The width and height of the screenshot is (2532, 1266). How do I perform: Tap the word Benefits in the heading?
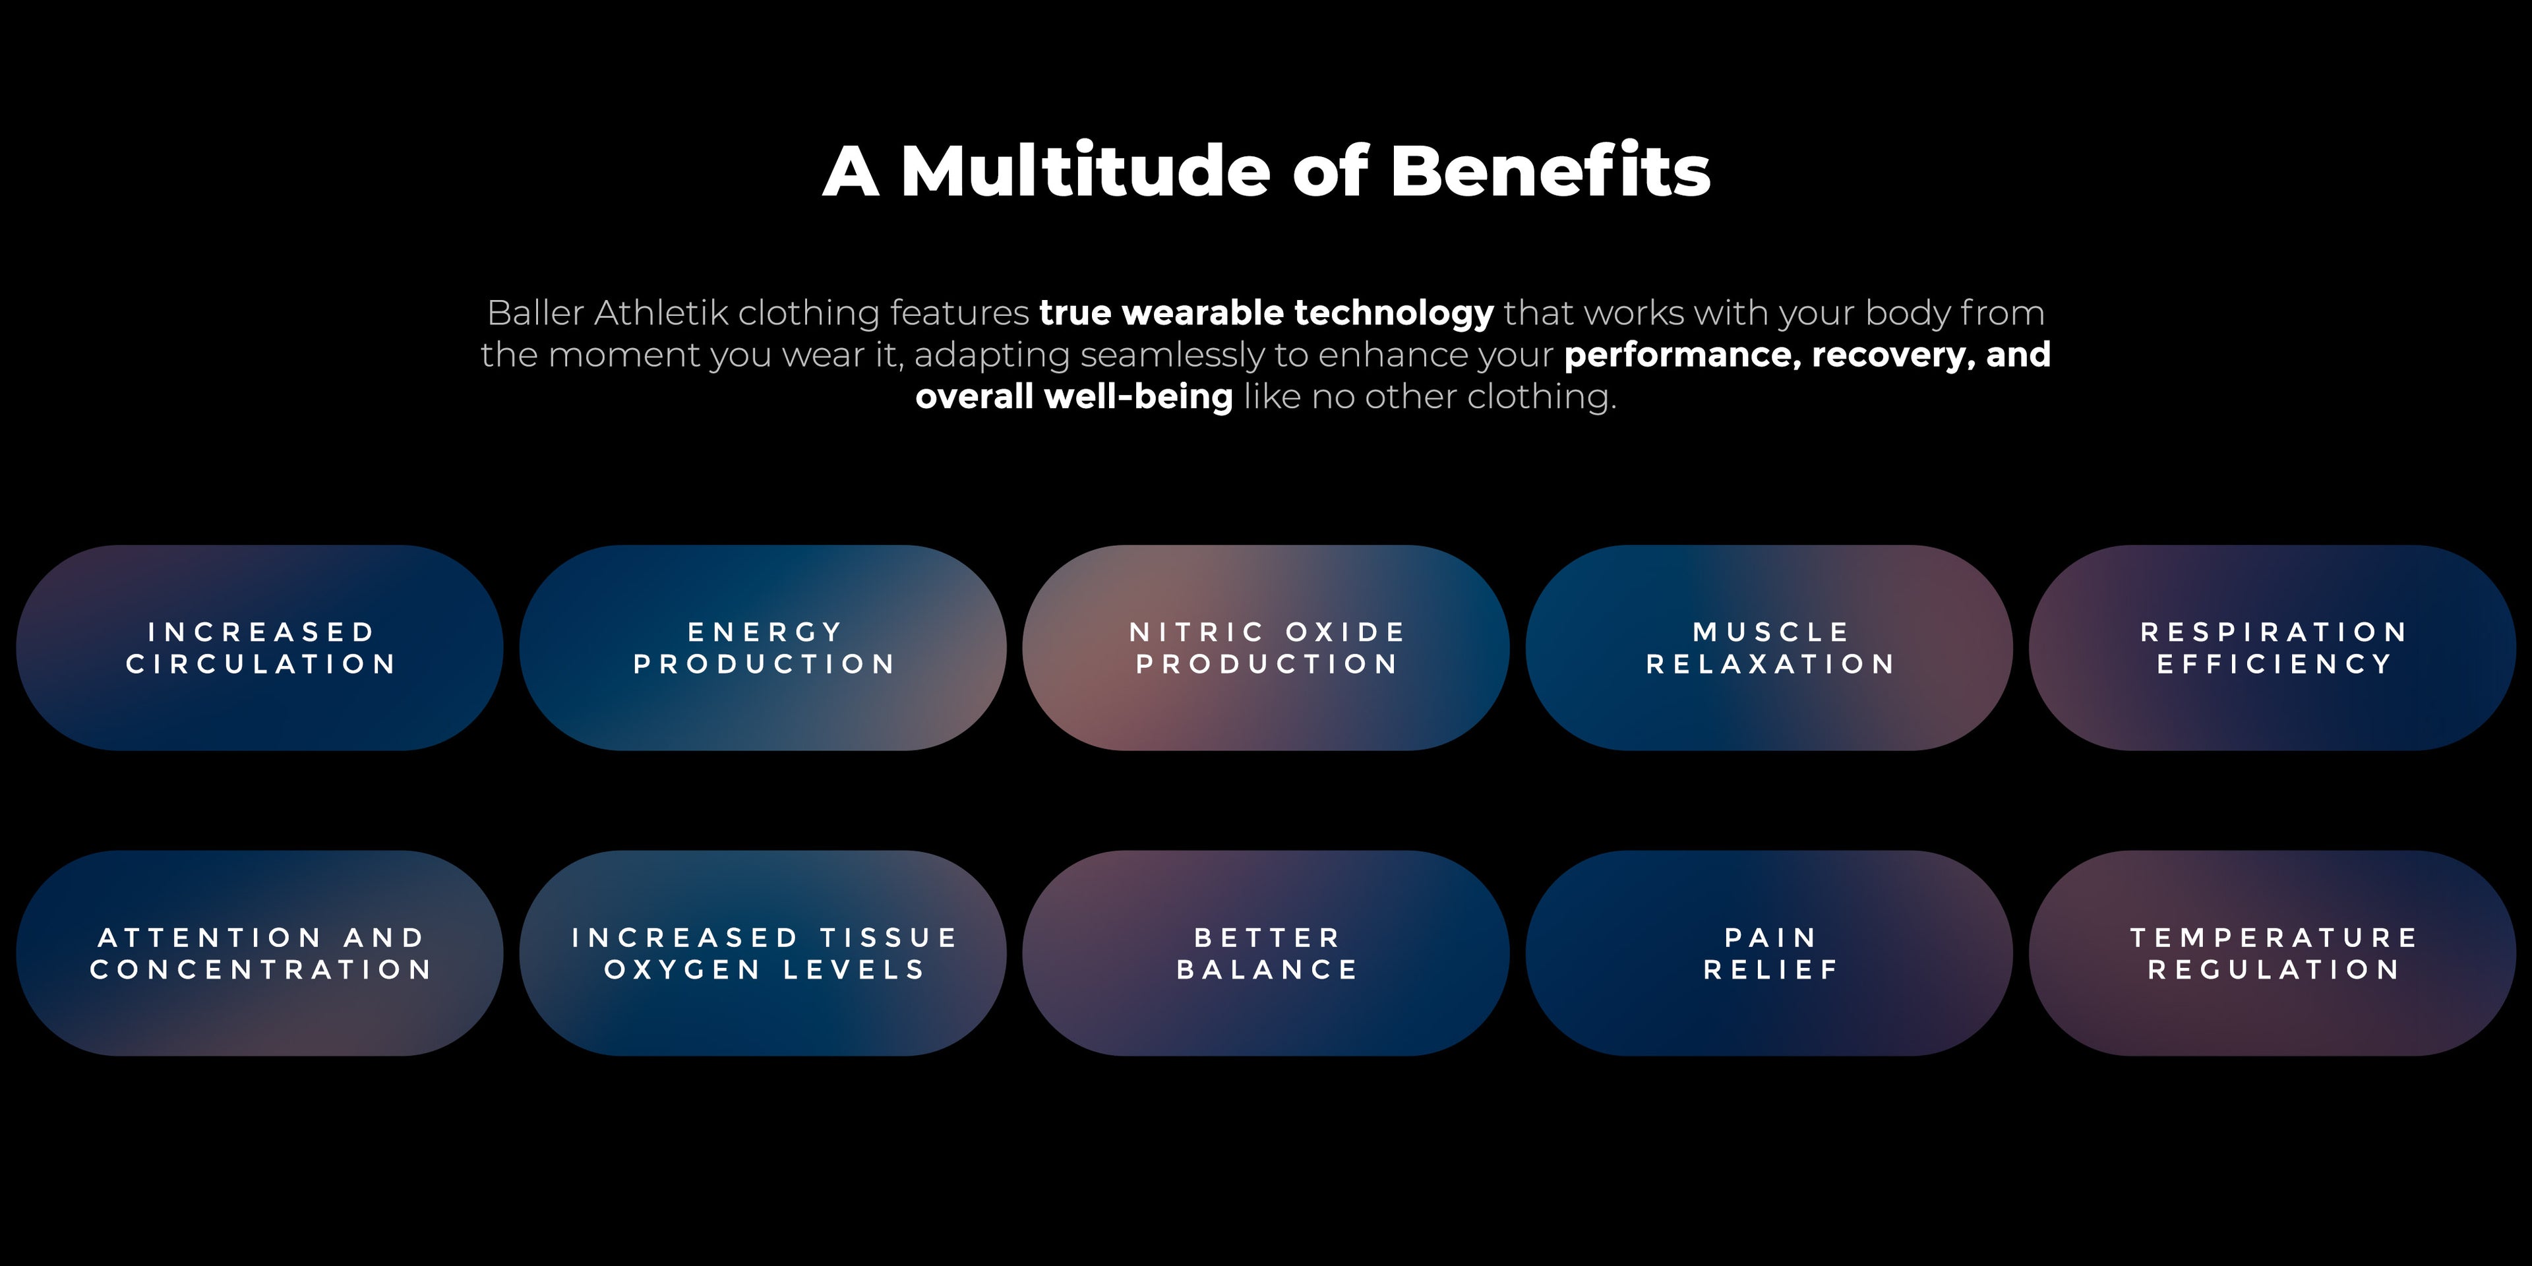click(x=1550, y=170)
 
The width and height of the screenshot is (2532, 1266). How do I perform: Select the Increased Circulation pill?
click(x=260, y=648)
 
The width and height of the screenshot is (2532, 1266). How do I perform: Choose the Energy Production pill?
click(x=763, y=648)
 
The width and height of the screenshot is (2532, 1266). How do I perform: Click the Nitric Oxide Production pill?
click(x=1266, y=648)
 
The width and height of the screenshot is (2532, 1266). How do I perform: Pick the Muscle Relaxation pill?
click(x=1769, y=648)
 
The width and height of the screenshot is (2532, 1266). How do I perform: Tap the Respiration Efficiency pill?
click(x=2272, y=648)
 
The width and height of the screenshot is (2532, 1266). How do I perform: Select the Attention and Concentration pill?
click(x=260, y=953)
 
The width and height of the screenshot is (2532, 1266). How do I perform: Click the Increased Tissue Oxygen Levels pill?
click(x=763, y=953)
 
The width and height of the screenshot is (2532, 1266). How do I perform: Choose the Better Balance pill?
click(x=1266, y=953)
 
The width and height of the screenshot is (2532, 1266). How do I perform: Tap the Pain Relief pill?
click(x=1769, y=953)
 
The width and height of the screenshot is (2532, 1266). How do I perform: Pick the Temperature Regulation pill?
click(x=2272, y=953)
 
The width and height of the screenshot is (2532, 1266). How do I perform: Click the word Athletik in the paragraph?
click(x=661, y=313)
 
